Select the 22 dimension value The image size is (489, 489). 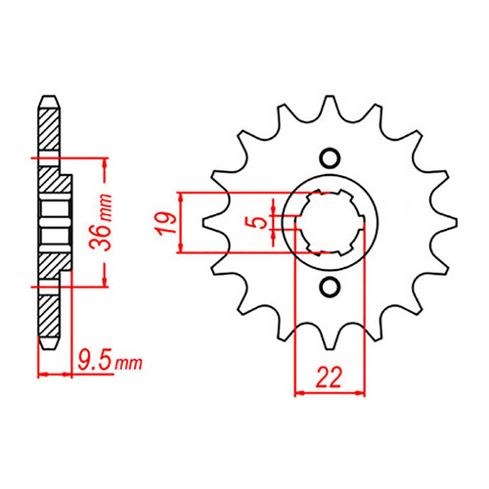[330, 374]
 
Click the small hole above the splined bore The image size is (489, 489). [330, 158]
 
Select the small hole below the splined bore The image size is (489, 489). [330, 287]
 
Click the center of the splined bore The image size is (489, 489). [330, 222]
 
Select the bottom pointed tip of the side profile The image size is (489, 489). [47, 348]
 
